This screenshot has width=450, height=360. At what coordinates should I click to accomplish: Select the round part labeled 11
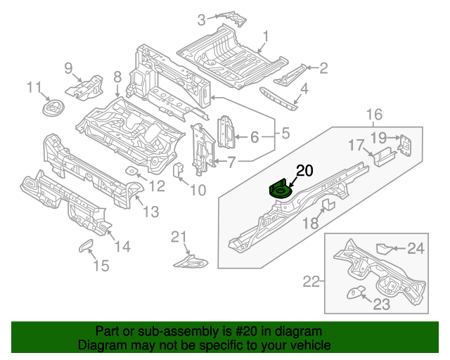(52, 109)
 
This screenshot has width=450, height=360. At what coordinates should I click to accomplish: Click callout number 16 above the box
(373, 115)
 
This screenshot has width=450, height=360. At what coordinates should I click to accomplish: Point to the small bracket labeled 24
(383, 248)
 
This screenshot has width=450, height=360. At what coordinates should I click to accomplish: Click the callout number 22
(310, 282)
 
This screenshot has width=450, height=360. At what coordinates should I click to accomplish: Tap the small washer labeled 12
(131, 172)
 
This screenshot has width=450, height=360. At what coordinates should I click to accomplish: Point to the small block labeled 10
(178, 170)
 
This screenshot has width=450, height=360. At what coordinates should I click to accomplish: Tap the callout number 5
(285, 131)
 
